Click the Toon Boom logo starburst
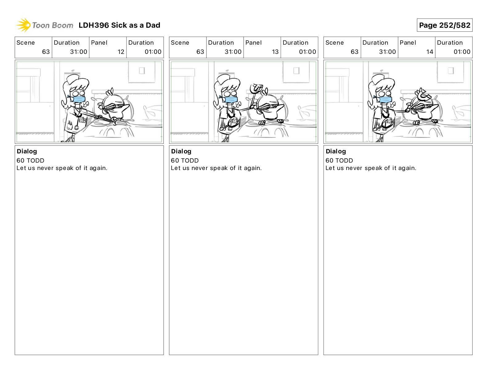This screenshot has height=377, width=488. (23, 25)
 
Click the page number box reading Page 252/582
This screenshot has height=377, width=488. (445, 25)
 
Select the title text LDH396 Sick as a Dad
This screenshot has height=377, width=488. (120, 25)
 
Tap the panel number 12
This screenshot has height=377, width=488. (121, 52)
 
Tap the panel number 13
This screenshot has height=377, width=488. (275, 52)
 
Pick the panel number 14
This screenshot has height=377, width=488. (429, 52)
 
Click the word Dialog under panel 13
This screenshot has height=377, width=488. (181, 151)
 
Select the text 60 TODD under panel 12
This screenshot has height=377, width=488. (30, 160)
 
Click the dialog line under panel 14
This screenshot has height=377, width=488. (371, 168)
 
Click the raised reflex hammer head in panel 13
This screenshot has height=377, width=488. (256, 88)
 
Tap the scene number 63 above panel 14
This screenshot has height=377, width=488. (354, 52)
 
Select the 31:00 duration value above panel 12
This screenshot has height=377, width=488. (79, 52)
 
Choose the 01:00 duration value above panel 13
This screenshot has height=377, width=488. (307, 52)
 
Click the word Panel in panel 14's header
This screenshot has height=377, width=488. (408, 43)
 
